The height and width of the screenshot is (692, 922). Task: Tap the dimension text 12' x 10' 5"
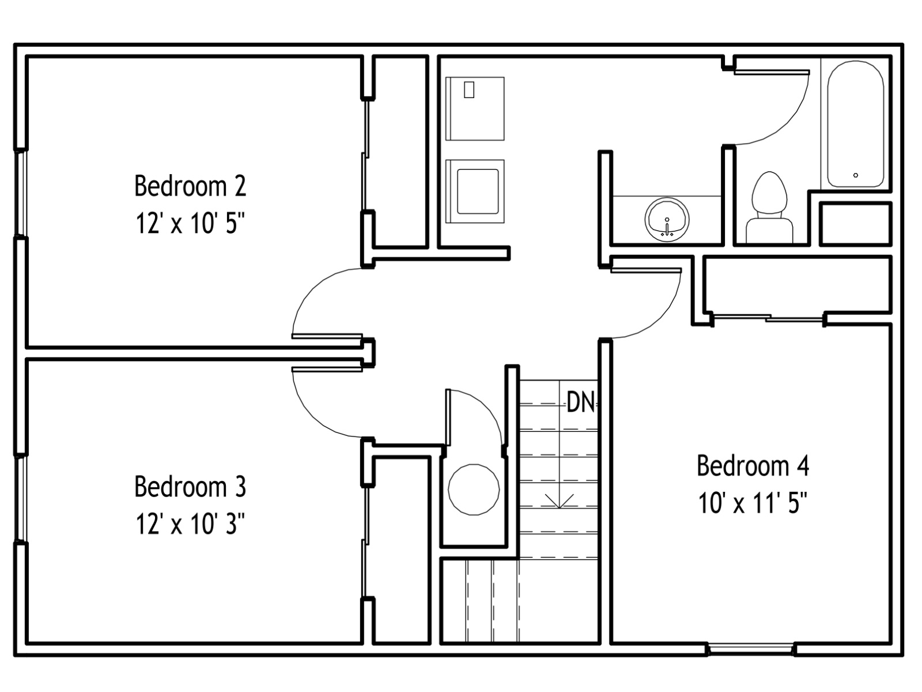(190, 223)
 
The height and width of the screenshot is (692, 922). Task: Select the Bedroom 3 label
(190, 486)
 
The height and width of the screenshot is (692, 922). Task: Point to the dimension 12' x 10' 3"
(190, 524)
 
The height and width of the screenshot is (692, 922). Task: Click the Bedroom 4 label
(753, 465)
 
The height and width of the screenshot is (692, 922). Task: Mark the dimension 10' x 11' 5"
(753, 503)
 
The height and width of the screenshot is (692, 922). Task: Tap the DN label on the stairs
(580, 402)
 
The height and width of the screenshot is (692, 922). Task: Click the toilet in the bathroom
(769, 207)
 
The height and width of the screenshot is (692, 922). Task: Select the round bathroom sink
(667, 219)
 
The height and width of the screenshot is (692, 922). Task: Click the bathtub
(856, 124)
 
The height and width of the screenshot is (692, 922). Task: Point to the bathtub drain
(856, 175)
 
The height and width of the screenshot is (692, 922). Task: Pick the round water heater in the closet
(474, 490)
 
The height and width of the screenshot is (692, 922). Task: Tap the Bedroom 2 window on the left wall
(21, 193)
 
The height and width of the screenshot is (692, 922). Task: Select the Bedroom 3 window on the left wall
(21, 498)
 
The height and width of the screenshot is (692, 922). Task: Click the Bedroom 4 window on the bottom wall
(751, 649)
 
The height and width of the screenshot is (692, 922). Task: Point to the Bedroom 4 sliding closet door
(768, 318)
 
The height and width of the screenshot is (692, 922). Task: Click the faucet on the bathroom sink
(667, 227)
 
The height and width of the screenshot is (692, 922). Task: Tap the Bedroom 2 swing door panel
(327, 336)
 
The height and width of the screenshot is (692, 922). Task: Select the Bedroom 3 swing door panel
(327, 369)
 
